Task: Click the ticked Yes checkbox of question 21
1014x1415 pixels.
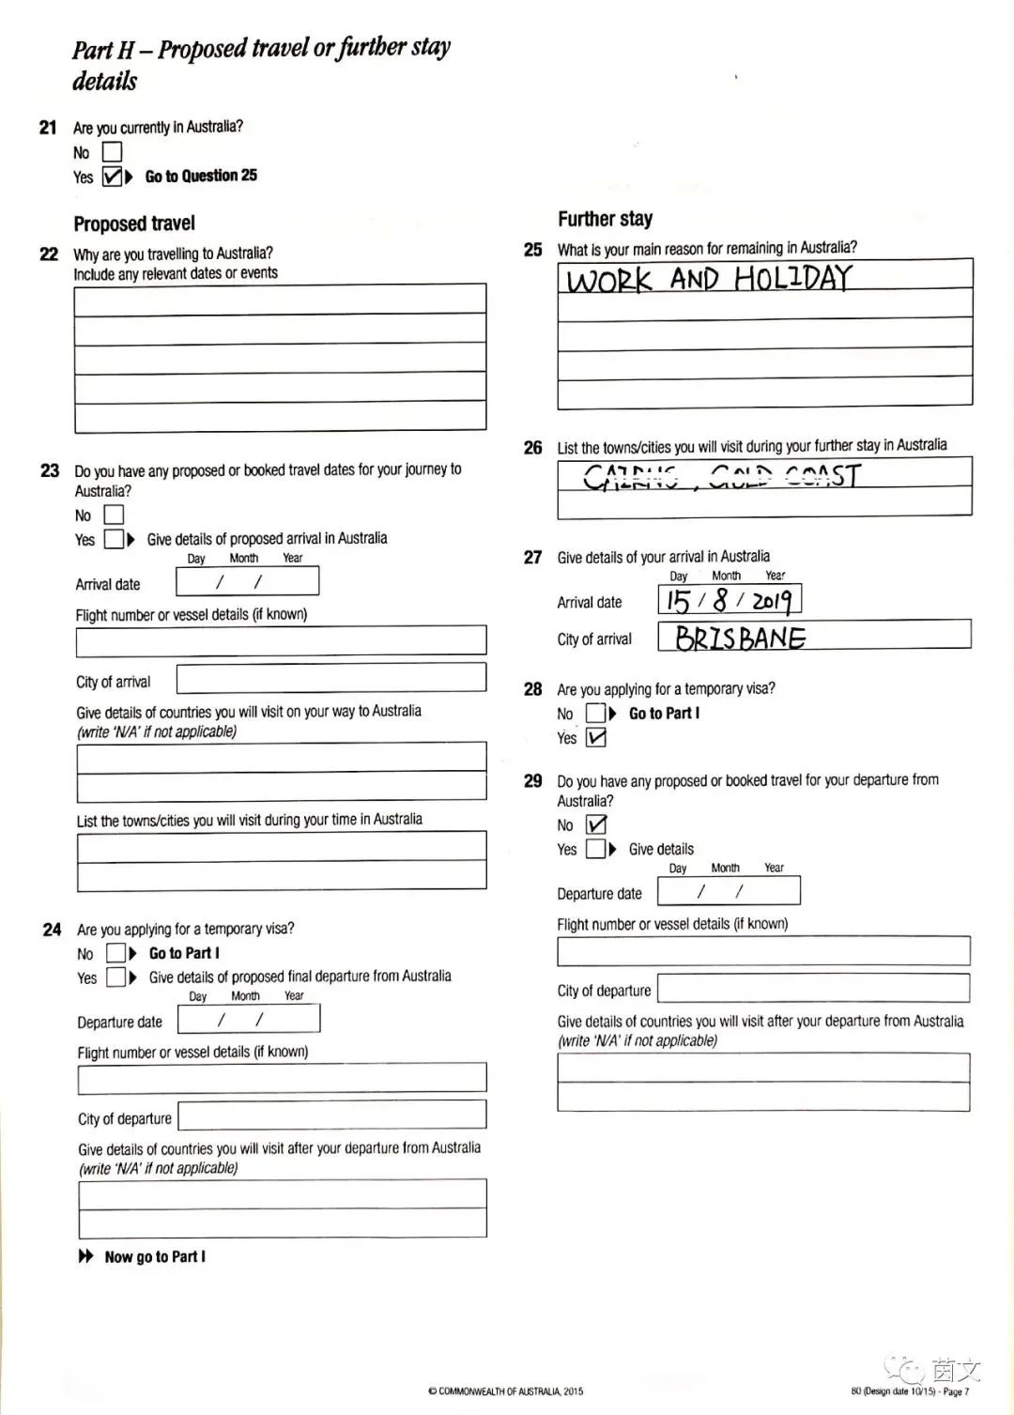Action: (112, 176)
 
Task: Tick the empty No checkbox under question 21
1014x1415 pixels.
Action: (112, 151)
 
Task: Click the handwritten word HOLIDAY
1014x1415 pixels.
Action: (792, 278)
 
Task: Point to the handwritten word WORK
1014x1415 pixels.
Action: (609, 280)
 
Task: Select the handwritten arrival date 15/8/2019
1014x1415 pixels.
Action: (729, 600)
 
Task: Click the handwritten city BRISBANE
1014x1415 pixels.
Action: (740, 638)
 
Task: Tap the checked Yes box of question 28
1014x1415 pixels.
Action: (596, 738)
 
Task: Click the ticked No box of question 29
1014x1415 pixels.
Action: (596, 824)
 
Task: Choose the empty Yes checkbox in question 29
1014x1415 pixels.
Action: (595, 849)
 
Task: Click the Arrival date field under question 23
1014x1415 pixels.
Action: (247, 582)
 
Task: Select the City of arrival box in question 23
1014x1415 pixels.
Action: (330, 679)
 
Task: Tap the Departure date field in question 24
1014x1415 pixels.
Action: (248, 1019)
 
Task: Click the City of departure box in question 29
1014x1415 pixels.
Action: (813, 988)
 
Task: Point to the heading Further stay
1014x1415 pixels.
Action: (605, 219)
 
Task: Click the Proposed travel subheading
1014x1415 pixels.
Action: (134, 223)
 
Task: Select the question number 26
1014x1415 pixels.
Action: (532, 448)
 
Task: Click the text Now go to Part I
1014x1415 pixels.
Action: (155, 1256)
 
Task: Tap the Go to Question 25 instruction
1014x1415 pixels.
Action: (201, 176)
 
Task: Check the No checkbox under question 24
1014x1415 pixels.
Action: (115, 953)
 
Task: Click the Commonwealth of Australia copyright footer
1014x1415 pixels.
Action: (505, 1392)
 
